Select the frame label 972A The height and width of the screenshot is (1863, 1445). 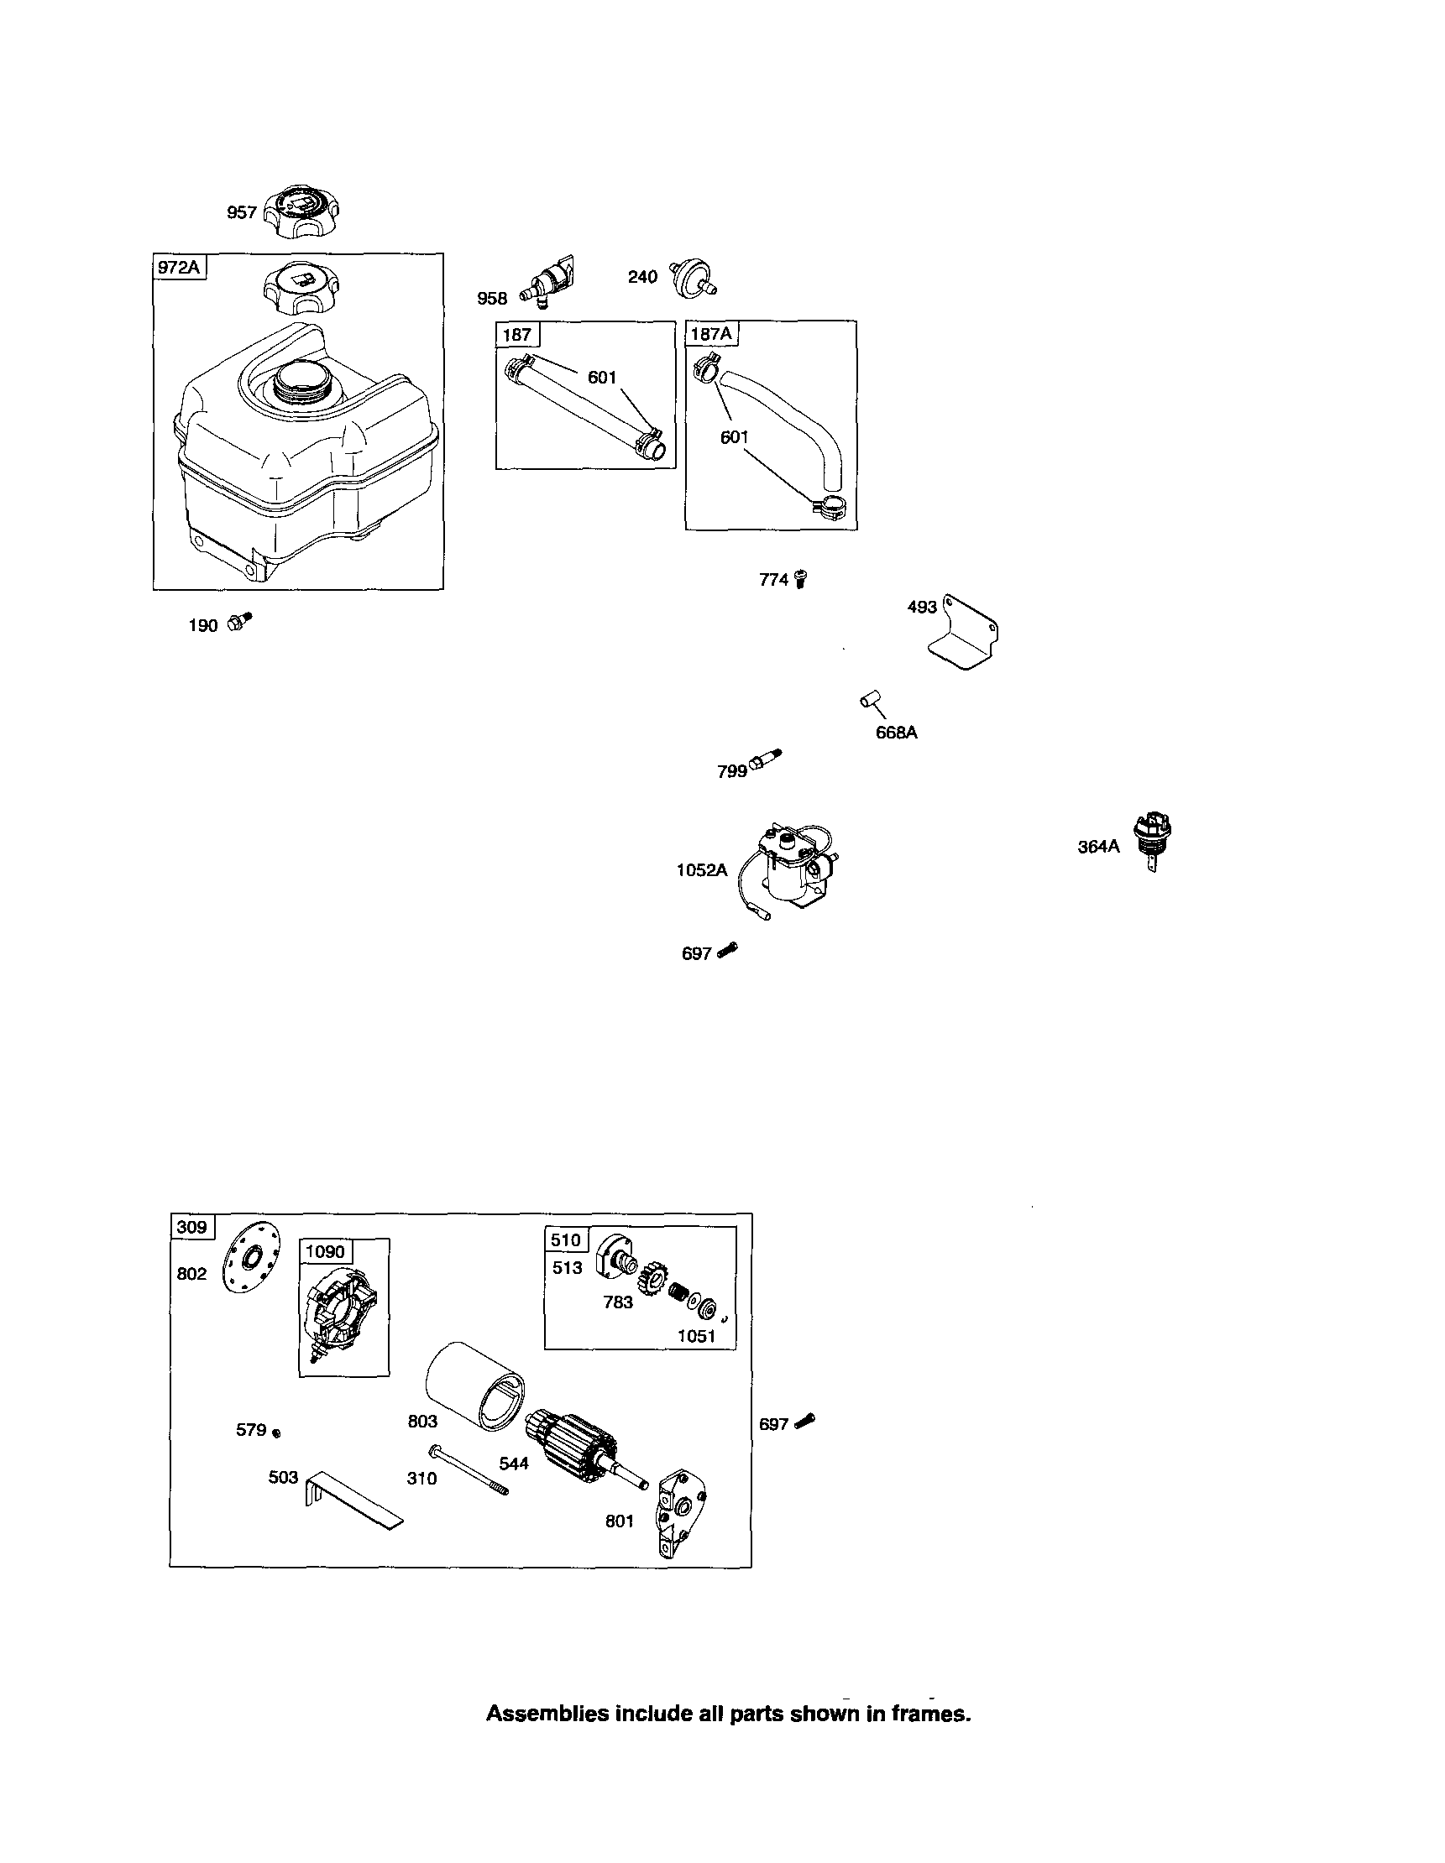tap(178, 267)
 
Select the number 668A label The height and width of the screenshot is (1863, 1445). tap(896, 732)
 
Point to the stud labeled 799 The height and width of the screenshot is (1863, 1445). tap(765, 760)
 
